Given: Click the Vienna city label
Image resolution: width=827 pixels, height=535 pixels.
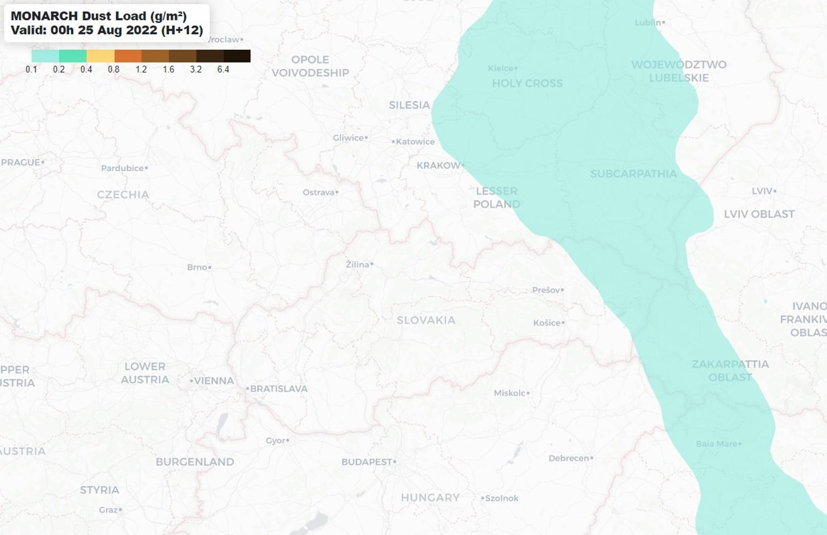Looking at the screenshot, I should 214,381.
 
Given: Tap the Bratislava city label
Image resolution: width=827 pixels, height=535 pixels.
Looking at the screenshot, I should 279,389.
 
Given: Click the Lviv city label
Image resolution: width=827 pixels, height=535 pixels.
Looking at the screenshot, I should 762,191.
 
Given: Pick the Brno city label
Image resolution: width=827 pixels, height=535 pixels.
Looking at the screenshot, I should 197,267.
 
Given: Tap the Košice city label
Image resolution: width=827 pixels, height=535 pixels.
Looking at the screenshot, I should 547,323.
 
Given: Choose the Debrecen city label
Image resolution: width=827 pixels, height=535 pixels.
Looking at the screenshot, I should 569,458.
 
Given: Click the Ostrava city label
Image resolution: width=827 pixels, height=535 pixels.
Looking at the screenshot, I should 318,193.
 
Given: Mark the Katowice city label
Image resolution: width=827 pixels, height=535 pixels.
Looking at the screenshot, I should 415,142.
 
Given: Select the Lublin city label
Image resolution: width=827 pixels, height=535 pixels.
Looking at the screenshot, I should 648,23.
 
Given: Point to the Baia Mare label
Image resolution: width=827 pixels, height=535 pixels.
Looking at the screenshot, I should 717,444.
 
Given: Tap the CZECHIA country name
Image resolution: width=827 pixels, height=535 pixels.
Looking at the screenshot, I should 123,194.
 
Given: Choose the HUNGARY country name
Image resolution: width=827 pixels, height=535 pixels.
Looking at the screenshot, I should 430,497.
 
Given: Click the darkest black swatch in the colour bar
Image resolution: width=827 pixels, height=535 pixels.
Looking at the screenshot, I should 237,56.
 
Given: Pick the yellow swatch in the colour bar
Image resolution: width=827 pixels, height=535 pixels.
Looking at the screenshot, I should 100,56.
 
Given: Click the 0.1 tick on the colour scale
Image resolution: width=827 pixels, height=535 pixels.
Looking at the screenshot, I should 31,69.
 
